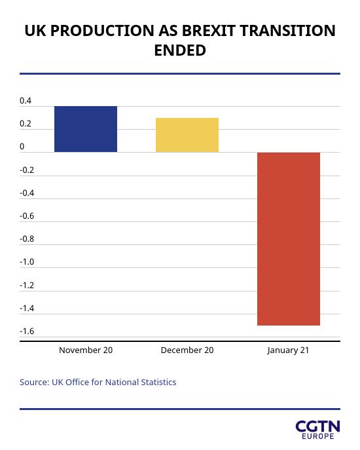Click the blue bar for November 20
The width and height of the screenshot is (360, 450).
pos(86,129)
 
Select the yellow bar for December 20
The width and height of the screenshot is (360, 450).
pos(187,135)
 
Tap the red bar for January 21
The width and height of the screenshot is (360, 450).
pos(289,239)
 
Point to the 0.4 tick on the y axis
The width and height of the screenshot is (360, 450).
pos(26,101)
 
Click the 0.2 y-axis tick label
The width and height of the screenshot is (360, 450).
pos(26,124)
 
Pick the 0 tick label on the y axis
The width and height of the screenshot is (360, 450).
pos(22,147)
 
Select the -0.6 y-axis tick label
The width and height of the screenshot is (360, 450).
pos(27,216)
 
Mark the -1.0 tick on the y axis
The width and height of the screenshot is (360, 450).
pos(27,262)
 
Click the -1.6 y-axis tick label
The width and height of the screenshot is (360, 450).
pos(27,331)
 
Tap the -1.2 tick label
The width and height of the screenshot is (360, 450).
pos(27,286)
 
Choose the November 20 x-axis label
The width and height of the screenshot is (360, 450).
pos(86,350)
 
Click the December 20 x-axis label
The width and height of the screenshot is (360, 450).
pos(187,350)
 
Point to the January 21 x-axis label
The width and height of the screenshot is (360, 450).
pos(288,350)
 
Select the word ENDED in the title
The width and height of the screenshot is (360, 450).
pos(180,50)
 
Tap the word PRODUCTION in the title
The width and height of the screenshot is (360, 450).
pos(102,31)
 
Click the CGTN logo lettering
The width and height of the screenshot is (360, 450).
pos(318,426)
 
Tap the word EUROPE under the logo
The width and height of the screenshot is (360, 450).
pos(318,436)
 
